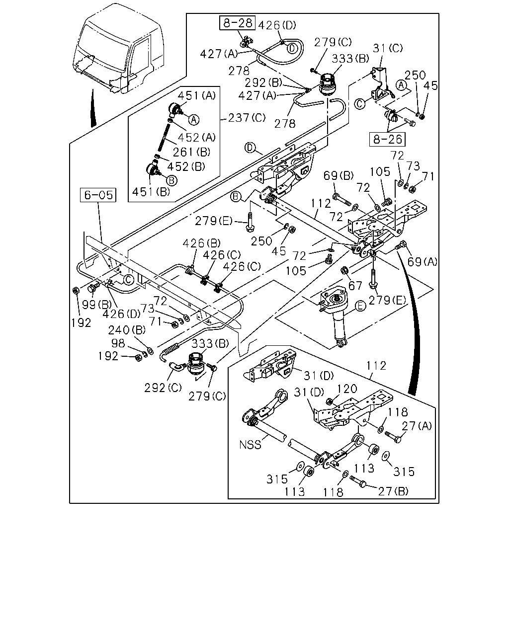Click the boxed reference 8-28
pos(237,23)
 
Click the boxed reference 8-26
pos(387,139)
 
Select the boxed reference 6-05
pos(98,195)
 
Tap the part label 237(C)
pos(247,118)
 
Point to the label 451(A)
pos(197,96)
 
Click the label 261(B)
pos(191,152)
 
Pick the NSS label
pos(250,445)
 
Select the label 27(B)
pos(393,491)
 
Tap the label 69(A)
pos(422,261)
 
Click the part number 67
pos(355,286)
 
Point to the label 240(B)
pos(127,330)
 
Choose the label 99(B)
pos(96,305)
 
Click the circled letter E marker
pos(360,306)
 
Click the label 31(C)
pos(387,48)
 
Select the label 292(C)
pos(163,388)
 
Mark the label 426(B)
pos(201,243)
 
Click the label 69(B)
pos(339,175)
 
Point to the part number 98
pos(118,343)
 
